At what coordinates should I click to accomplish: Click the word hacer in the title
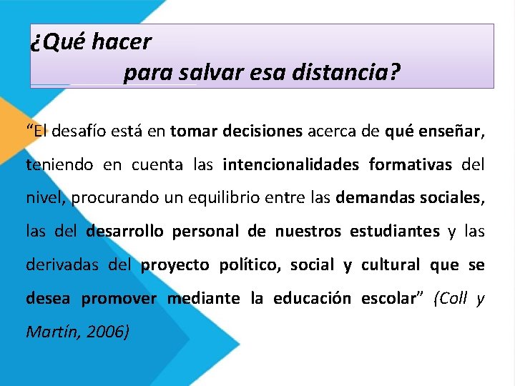(x=122, y=41)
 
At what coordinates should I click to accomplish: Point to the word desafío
(x=79, y=132)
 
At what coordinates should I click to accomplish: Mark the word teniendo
(x=59, y=165)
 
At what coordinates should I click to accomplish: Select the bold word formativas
(x=411, y=165)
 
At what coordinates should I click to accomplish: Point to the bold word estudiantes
(x=395, y=232)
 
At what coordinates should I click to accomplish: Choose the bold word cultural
(x=390, y=264)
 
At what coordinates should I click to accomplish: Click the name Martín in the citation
(x=49, y=331)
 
